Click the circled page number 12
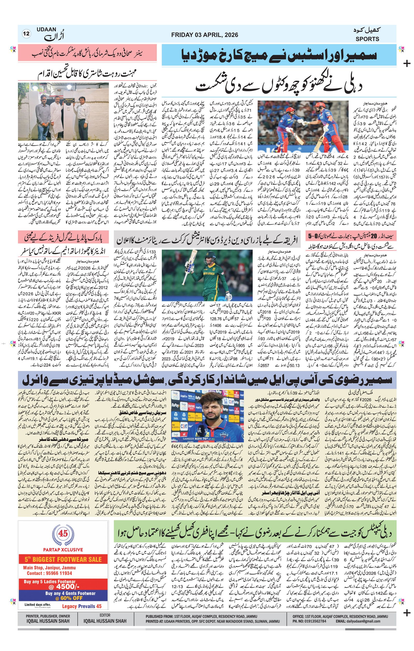pos(27,34)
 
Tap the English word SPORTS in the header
pos(367,39)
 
